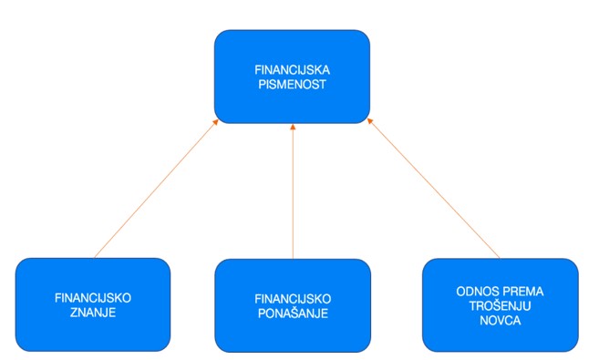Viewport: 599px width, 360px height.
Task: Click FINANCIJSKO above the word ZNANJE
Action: (94, 298)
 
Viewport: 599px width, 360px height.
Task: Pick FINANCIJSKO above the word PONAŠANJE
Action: (292, 298)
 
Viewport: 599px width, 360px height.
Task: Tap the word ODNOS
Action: (476, 291)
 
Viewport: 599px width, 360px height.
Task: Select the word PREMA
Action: (522, 291)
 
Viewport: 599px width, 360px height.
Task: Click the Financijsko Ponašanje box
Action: (292, 333)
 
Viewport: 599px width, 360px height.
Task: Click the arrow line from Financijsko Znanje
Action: (155, 190)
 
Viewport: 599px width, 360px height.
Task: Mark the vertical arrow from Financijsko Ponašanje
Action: (293, 191)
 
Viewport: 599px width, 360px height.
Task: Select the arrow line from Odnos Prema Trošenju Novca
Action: (434, 190)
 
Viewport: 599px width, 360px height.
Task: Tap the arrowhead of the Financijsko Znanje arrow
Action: (217, 124)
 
